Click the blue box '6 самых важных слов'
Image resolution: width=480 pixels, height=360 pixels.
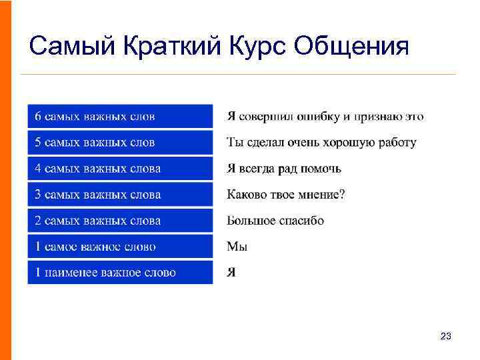click(x=120, y=117)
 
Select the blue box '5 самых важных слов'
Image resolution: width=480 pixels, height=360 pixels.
click(x=120, y=143)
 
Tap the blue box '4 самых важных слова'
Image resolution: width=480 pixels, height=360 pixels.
click(x=120, y=169)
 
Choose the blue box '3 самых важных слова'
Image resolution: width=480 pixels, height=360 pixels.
click(x=120, y=195)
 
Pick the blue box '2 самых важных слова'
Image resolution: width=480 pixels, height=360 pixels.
click(x=120, y=221)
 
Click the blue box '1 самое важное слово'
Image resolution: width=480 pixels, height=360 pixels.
click(x=120, y=247)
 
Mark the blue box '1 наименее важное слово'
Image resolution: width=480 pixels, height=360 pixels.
click(x=120, y=273)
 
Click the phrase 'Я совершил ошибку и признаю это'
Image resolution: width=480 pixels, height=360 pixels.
click(x=325, y=117)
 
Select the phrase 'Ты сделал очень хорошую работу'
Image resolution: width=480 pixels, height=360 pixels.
click(x=321, y=143)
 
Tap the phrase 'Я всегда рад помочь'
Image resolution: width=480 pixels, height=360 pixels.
click(x=284, y=169)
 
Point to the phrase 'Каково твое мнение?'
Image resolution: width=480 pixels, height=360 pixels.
click(x=286, y=195)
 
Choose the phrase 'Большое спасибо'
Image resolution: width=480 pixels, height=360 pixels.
click(x=275, y=221)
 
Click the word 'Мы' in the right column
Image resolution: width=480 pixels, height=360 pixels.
click(x=237, y=247)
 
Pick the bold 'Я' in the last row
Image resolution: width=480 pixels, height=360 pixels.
click(x=231, y=273)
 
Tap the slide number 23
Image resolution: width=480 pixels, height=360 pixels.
click(x=446, y=337)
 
